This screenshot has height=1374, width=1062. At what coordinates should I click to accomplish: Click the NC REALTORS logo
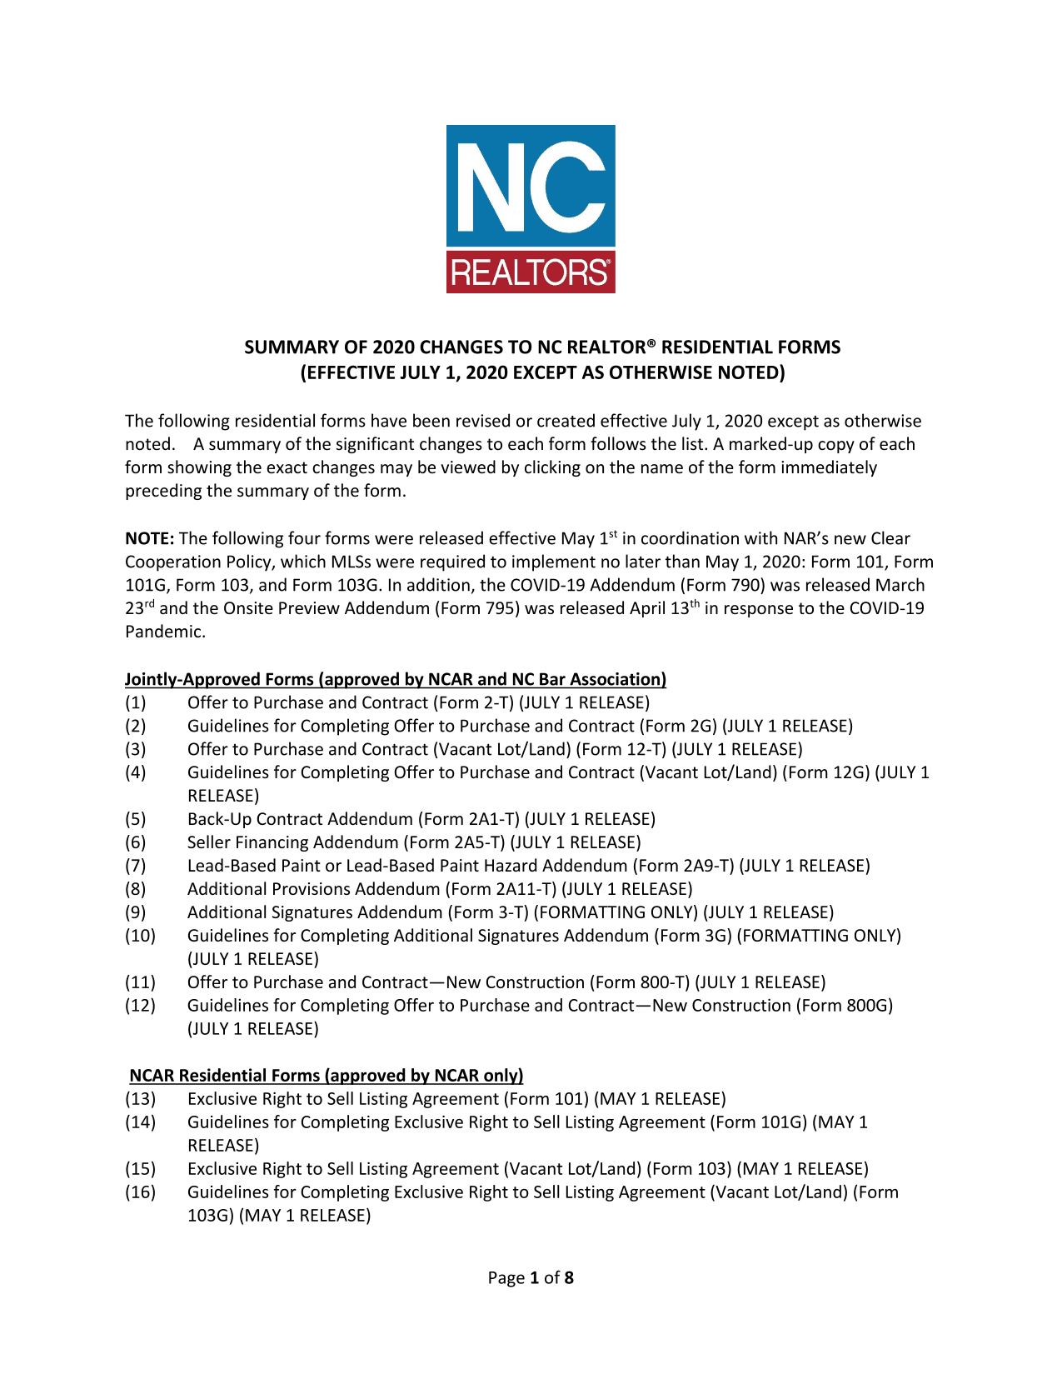pyautogui.click(x=531, y=209)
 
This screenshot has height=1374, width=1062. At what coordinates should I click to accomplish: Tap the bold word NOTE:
pyautogui.click(x=149, y=539)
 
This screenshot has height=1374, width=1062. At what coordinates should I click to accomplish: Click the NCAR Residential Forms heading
pyautogui.click(x=326, y=1076)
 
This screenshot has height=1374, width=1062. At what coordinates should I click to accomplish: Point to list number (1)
pyautogui.click(x=135, y=702)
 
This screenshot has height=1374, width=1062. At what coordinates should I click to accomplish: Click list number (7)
pyautogui.click(x=135, y=866)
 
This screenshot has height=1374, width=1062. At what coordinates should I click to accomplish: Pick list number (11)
pyautogui.click(x=140, y=982)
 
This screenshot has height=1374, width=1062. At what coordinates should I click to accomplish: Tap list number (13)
pyautogui.click(x=140, y=1099)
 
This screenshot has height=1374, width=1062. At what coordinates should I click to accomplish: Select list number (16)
pyautogui.click(x=140, y=1192)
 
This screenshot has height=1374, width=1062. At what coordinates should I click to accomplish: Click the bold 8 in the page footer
pyautogui.click(x=569, y=1278)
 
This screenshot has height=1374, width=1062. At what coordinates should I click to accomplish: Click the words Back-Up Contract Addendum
pyautogui.click(x=300, y=819)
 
